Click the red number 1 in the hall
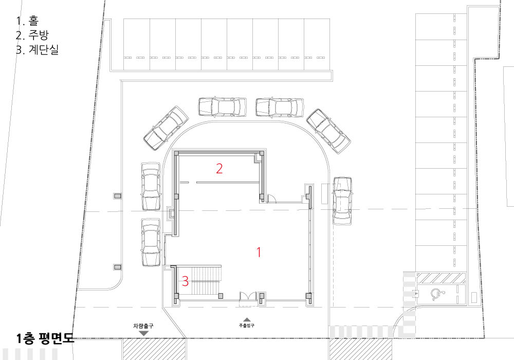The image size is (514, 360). pyautogui.click(x=259, y=252)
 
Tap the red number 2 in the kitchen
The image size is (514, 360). pyautogui.click(x=219, y=169)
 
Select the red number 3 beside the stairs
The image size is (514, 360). pyautogui.click(x=185, y=281)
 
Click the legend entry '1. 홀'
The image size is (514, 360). pyautogui.click(x=27, y=21)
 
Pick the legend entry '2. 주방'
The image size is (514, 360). pyautogui.click(x=32, y=35)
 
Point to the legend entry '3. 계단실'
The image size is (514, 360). pyautogui.click(x=38, y=49)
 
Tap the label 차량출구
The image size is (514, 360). pyautogui.click(x=143, y=326)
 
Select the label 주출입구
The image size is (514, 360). pyautogui.click(x=247, y=326)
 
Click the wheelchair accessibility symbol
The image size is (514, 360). pyautogui.click(x=436, y=294)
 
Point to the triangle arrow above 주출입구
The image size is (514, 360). pyautogui.click(x=247, y=319)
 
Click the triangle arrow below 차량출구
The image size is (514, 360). pyautogui.click(x=143, y=333)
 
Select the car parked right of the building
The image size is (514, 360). pyautogui.click(x=342, y=201)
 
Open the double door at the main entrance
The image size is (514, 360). pyautogui.click(x=248, y=299)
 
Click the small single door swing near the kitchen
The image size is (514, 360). pyautogui.click(x=271, y=198)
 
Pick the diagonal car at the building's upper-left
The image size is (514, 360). pyautogui.click(x=166, y=128)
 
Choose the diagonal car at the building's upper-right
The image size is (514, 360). pyautogui.click(x=328, y=131)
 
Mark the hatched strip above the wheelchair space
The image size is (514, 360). pyautogui.click(x=441, y=278)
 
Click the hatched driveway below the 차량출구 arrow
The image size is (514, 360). pyautogui.click(x=154, y=349)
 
